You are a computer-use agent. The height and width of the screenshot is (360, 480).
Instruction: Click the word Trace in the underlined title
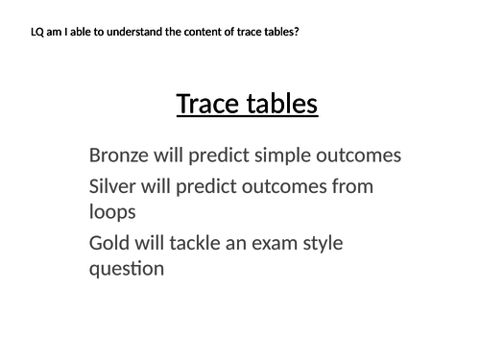pyautogui.click(x=206, y=103)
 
